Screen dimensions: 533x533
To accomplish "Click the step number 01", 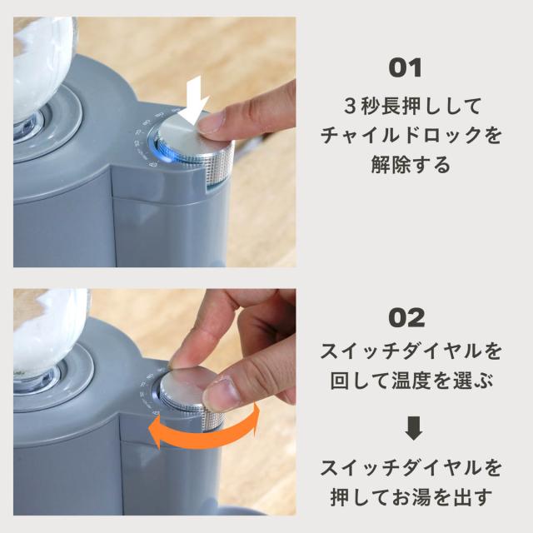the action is pos(406,68).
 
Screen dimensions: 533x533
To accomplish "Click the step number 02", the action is pos(406,317).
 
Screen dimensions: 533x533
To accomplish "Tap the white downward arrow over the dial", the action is pos(194,101).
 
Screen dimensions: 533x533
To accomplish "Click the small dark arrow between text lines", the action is pos(414,428).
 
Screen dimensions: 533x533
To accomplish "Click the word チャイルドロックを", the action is pos(411,135).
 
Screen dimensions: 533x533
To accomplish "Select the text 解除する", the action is pos(411,165).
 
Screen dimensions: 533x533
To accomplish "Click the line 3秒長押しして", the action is pos(412,106).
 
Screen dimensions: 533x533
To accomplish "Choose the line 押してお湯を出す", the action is pos(411,497).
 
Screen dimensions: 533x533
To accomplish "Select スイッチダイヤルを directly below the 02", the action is pos(411,351).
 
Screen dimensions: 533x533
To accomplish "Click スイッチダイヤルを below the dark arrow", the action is pos(411,468).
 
